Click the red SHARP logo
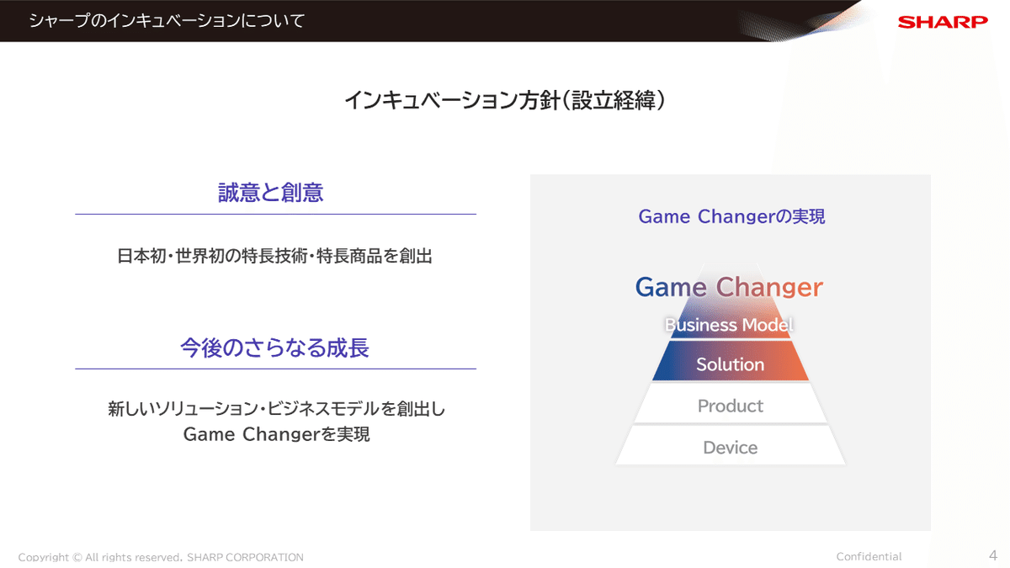pyautogui.click(x=943, y=22)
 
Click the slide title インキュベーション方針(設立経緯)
pyautogui.click(x=505, y=101)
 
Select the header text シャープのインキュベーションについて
pyautogui.click(x=167, y=21)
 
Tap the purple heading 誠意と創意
pyautogui.click(x=270, y=193)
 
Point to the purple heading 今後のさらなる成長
pyautogui.click(x=274, y=348)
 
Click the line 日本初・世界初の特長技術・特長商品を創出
pyautogui.click(x=274, y=257)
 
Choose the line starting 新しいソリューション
pyautogui.click(x=276, y=410)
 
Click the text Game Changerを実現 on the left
pyautogui.click(x=276, y=435)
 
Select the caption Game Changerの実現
pyautogui.click(x=731, y=216)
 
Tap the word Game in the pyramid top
pyautogui.click(x=670, y=287)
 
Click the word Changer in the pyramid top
pyautogui.click(x=768, y=287)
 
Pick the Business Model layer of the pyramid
pyautogui.click(x=729, y=325)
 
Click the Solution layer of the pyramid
pyautogui.click(x=730, y=364)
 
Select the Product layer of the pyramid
pyautogui.click(x=730, y=406)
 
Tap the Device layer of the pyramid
pyautogui.click(x=730, y=448)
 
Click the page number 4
pyautogui.click(x=992, y=555)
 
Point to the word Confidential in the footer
pyautogui.click(x=869, y=556)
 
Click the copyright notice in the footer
pyautogui.click(x=161, y=557)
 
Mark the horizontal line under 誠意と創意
pyautogui.click(x=275, y=214)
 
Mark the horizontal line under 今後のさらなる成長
pyautogui.click(x=275, y=369)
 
